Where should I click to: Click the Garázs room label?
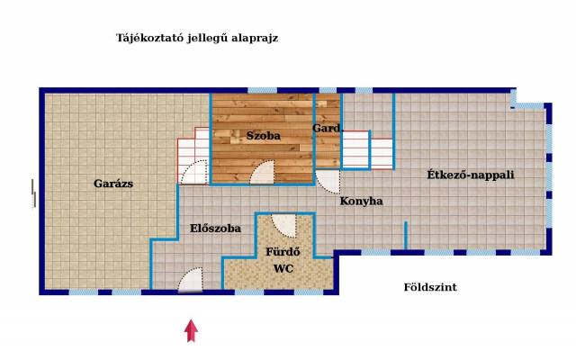click(x=113, y=184)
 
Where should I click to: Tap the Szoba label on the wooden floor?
click(x=264, y=136)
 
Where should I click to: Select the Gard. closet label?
click(x=328, y=128)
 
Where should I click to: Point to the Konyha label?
click(x=361, y=201)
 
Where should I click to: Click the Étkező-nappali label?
click(x=470, y=175)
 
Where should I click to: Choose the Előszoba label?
click(x=215, y=229)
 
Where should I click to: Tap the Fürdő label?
click(x=283, y=252)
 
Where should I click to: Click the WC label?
click(x=283, y=269)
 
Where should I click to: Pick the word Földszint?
click(x=430, y=287)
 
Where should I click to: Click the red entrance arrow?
click(x=191, y=330)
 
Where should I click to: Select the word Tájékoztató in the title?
click(x=149, y=38)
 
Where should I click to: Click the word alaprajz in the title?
click(x=255, y=38)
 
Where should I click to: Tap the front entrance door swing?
click(x=190, y=280)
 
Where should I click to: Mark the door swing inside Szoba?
click(x=262, y=172)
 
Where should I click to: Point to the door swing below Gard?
click(x=328, y=181)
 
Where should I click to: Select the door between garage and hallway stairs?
click(x=194, y=172)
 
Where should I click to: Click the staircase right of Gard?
click(x=367, y=150)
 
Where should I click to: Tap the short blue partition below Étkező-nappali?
click(x=406, y=236)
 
